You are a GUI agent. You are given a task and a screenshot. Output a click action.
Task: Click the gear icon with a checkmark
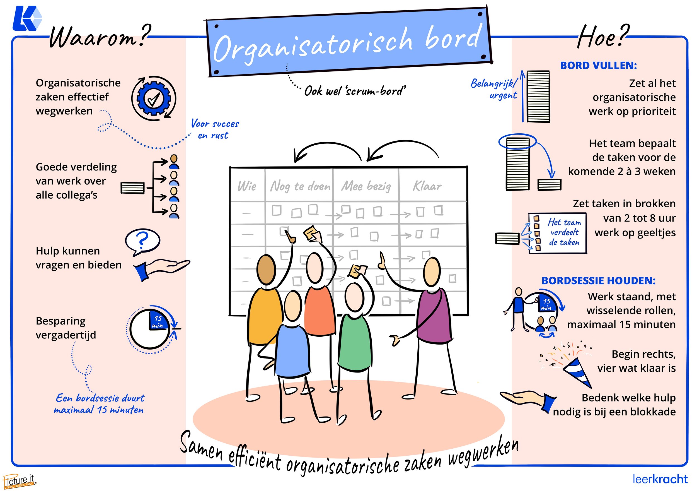click(154, 98)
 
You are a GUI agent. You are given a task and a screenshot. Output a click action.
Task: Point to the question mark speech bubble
click(142, 241)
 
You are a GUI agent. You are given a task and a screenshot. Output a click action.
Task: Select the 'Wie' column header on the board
click(247, 186)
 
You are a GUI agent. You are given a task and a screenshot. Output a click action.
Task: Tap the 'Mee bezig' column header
click(366, 186)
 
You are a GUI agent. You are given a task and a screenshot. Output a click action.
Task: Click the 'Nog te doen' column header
click(300, 186)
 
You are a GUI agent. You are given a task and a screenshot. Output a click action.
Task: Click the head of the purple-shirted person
click(432, 272)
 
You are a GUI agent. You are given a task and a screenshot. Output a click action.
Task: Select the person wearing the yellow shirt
click(264, 316)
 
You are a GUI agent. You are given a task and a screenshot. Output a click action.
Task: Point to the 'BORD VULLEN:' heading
click(598, 66)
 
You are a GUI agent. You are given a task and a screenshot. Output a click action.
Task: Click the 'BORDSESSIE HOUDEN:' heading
click(598, 281)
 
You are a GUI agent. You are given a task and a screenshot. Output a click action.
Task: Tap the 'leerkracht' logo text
click(660, 479)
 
